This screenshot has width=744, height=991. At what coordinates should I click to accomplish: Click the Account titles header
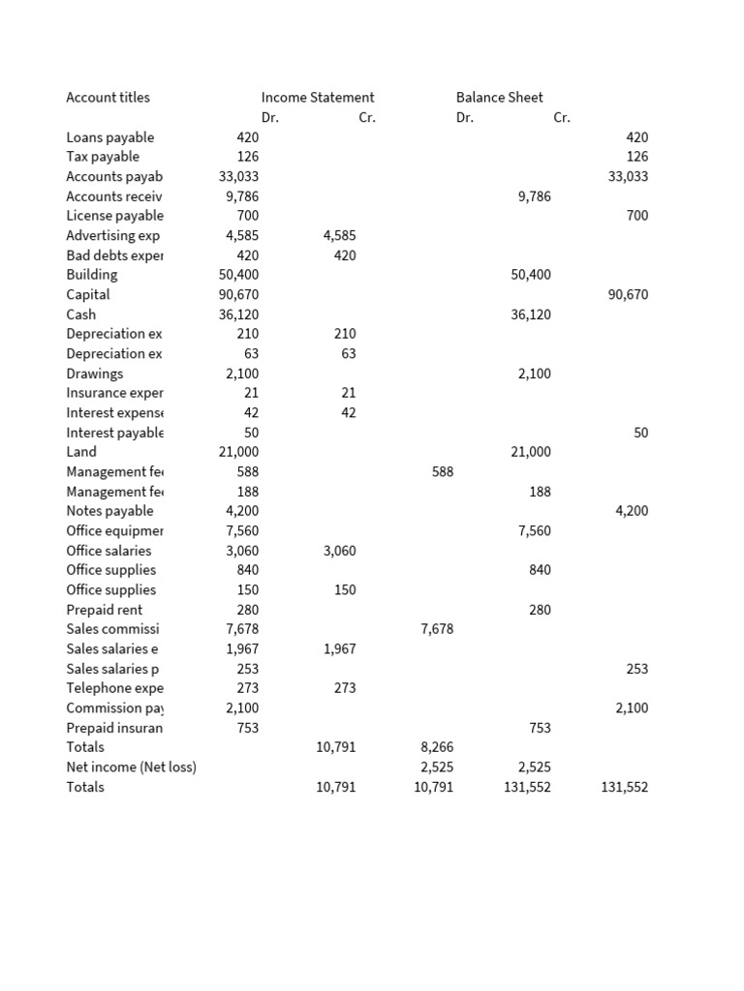[x=108, y=97]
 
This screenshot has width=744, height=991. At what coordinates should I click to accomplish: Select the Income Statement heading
[x=318, y=97]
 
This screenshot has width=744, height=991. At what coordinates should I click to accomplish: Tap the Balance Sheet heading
[x=499, y=97]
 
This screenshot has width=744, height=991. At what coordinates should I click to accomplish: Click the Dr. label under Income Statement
[x=269, y=117]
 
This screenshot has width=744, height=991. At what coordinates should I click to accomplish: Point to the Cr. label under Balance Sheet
[x=562, y=117]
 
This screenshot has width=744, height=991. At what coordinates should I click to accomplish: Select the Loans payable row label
[x=109, y=137]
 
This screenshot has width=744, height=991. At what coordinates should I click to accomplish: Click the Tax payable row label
[x=103, y=157]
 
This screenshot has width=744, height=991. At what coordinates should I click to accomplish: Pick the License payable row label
[x=114, y=216]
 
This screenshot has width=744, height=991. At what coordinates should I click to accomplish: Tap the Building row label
[x=91, y=275]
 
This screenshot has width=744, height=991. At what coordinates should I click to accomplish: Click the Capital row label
[x=88, y=294]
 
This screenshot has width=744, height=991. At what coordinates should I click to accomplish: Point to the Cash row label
[x=81, y=315]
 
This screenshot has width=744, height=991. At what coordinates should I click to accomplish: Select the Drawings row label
[x=95, y=374]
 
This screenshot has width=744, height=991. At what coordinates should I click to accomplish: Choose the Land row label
[x=81, y=452]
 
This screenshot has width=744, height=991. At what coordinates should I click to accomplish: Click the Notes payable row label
[x=109, y=511]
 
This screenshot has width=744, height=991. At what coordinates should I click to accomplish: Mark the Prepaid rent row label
[x=105, y=610]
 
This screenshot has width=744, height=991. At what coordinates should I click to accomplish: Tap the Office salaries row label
[x=108, y=551]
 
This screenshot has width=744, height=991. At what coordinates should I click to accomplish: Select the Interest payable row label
[x=114, y=433]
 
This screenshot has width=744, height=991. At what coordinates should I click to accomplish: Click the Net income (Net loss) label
[x=131, y=767]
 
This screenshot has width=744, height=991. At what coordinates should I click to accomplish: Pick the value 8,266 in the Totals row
[x=437, y=747]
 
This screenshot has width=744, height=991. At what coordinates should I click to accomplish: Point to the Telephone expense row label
[x=114, y=688]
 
